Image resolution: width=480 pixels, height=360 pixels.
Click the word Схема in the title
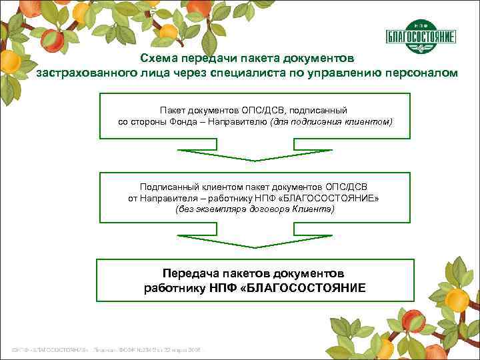point(160,59)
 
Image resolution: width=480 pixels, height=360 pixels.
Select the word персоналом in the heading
point(421,73)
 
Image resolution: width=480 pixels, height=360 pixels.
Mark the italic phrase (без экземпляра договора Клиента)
point(254,209)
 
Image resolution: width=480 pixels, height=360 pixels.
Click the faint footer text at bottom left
point(106,351)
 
